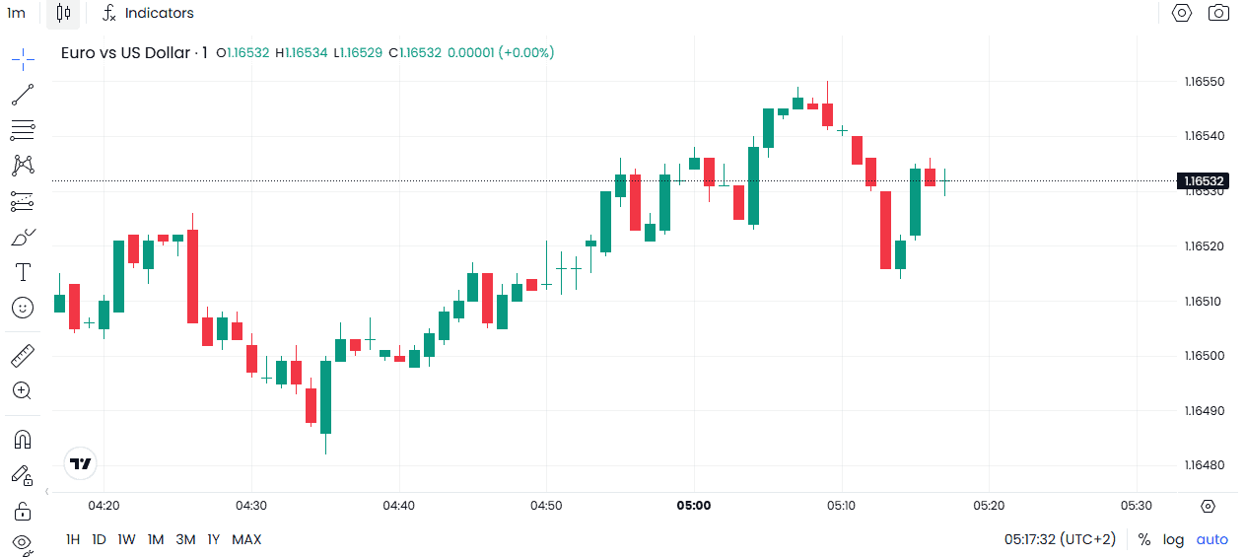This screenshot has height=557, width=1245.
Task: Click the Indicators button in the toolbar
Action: click(149, 13)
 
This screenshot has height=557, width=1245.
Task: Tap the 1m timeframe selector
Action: click(16, 13)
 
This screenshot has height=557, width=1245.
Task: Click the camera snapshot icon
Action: click(1219, 13)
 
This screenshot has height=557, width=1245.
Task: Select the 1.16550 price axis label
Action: click(1204, 82)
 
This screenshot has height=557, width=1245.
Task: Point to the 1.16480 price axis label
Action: click(1204, 465)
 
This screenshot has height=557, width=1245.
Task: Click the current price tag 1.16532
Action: click(1204, 180)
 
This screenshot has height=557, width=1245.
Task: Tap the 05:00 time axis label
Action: click(693, 506)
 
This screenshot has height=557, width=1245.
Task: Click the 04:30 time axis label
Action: click(251, 506)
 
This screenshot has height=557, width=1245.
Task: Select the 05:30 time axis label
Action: click(1136, 506)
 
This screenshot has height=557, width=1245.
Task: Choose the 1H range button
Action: click(73, 539)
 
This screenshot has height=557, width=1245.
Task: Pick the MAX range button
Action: click(246, 539)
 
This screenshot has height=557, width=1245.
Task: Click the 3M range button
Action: click(185, 539)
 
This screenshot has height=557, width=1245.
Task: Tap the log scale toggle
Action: click(1173, 539)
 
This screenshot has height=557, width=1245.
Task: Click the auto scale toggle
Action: click(1212, 539)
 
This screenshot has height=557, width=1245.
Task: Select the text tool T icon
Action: click(23, 272)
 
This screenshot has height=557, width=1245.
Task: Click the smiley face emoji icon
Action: click(23, 308)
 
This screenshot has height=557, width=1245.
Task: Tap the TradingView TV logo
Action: click(80, 462)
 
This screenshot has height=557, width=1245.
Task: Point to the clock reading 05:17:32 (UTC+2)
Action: click(1060, 539)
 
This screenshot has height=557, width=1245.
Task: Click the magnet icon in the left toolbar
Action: click(23, 439)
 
